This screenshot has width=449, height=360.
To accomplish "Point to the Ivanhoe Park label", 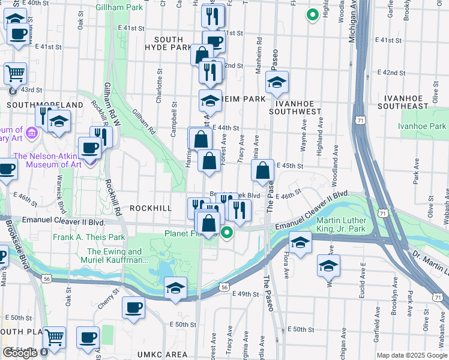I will coord(422,126).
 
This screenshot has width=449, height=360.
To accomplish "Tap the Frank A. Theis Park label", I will coord(88,237).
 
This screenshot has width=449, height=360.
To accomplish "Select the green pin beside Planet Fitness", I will coord(226,233).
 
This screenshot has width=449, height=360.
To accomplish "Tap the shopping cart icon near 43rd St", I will coord(15,74).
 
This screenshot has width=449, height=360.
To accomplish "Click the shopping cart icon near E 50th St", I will coord(54,338).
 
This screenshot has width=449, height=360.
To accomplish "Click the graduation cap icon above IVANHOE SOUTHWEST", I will coord(277,83).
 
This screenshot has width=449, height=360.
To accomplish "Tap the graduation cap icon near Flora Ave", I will coord(300,243).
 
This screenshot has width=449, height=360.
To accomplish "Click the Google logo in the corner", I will coord(20,353).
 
